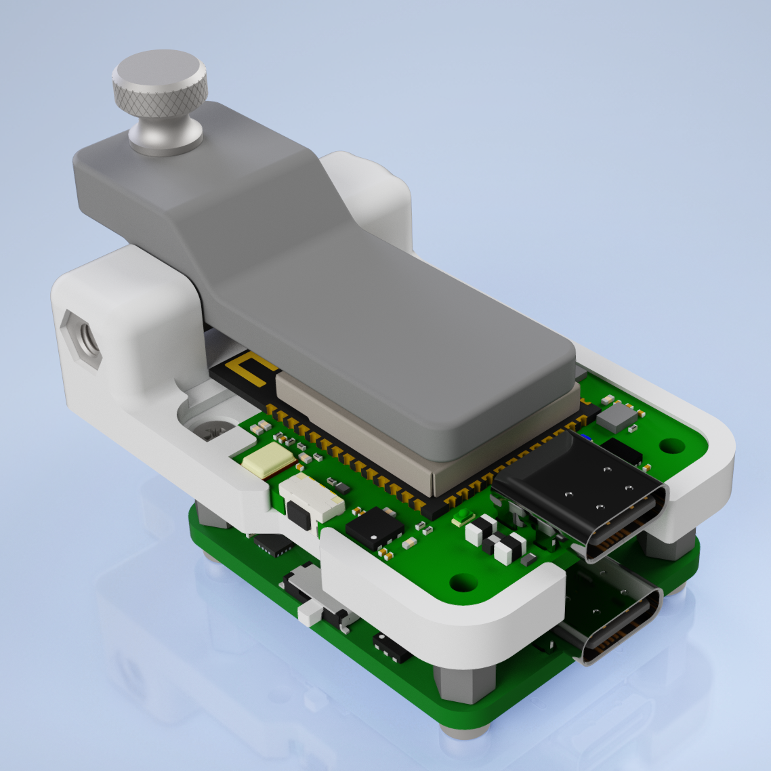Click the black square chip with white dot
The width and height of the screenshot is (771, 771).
[374, 528]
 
